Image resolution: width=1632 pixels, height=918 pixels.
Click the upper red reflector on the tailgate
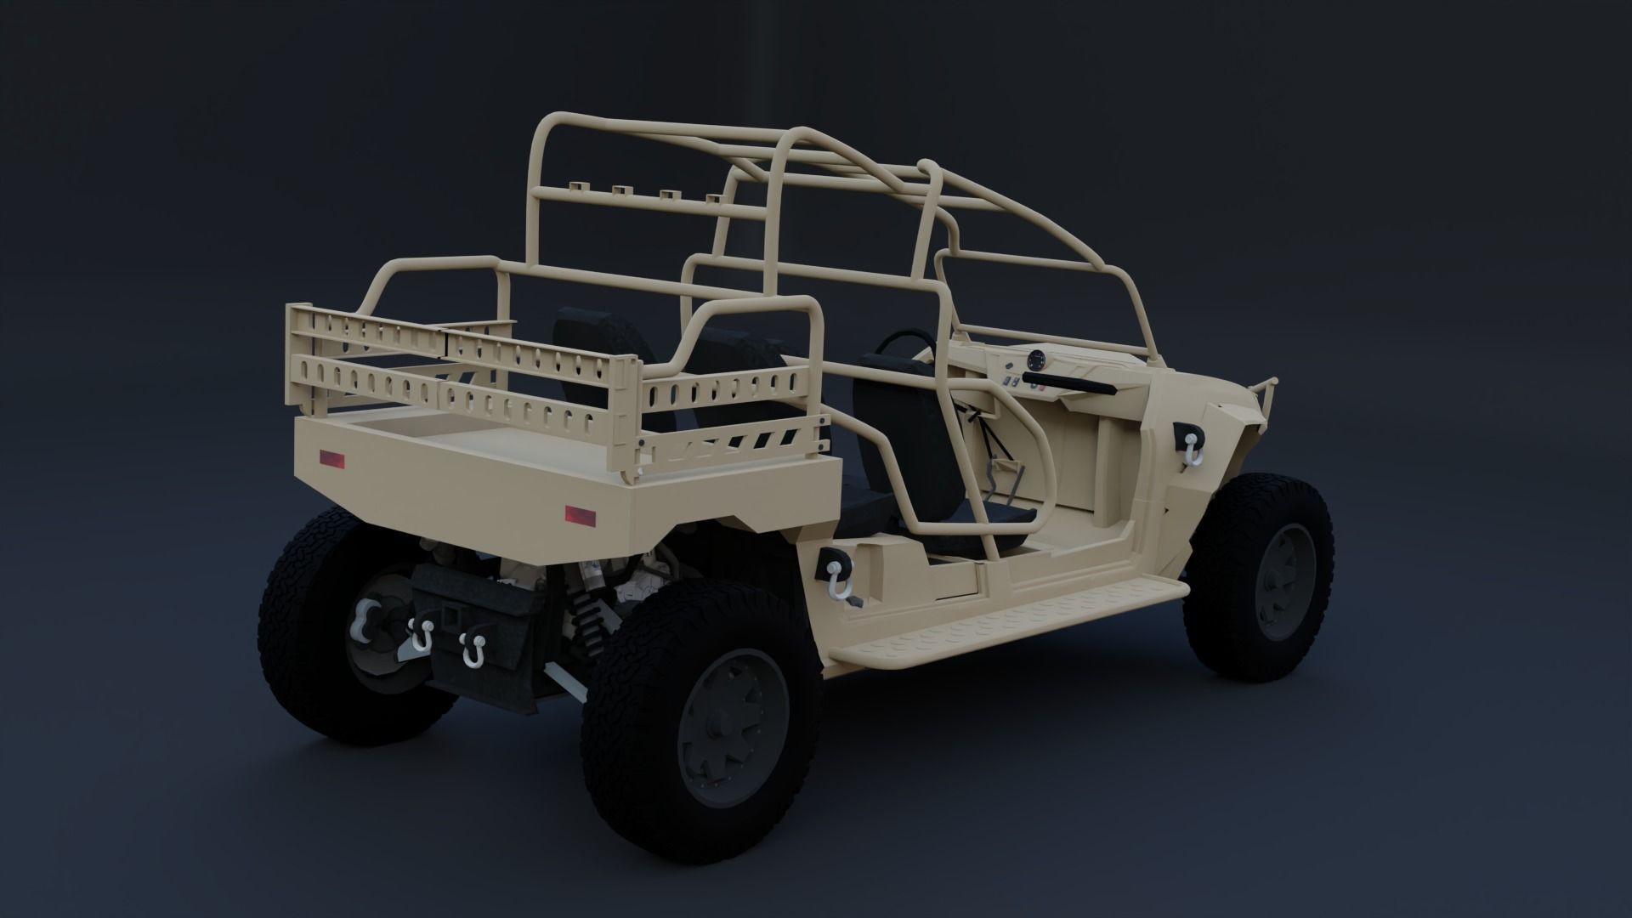pyautogui.click(x=331, y=460)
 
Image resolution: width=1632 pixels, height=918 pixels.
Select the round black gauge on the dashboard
pyautogui.click(x=1036, y=360)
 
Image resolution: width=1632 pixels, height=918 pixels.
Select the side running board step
pyautogui.click(x=1003, y=620)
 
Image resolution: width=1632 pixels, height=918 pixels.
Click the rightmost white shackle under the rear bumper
pyautogui.click(x=470, y=649)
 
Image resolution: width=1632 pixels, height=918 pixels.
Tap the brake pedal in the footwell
pyautogui.click(x=1007, y=472)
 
